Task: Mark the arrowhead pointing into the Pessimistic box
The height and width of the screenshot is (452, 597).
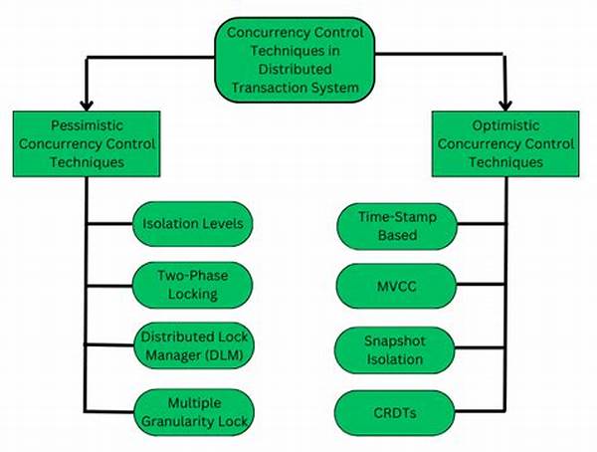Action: click(x=87, y=104)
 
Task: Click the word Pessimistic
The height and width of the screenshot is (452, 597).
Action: click(x=85, y=126)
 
